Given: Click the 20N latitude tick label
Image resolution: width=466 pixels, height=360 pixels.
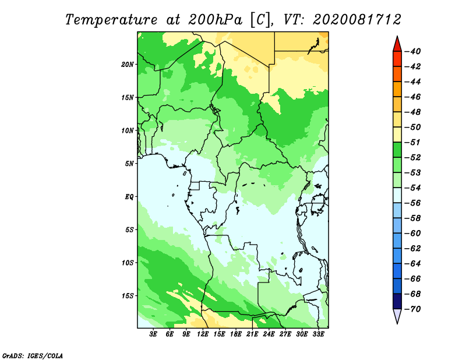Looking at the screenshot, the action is (128, 65).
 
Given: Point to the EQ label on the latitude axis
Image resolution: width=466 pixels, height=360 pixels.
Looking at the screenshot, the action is (129, 197).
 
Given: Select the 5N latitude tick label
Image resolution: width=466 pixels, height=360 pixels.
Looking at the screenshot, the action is (129, 164).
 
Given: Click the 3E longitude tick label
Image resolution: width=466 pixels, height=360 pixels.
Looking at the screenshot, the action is (153, 334).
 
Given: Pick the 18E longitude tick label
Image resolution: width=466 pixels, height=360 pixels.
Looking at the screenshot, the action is (236, 334).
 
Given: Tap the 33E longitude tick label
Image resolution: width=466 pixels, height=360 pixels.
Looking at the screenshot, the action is (318, 334).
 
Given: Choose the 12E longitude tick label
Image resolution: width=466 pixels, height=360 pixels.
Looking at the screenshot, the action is (203, 334).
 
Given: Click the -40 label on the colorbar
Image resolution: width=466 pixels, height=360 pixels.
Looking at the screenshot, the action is (413, 51).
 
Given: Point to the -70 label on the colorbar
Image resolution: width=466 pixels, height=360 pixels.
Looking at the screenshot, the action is (413, 309).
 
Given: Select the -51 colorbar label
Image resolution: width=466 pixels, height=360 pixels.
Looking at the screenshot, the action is (413, 142).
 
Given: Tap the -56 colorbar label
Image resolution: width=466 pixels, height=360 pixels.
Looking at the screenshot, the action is (413, 203).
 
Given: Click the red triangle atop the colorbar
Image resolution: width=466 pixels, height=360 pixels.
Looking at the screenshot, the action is (397, 45).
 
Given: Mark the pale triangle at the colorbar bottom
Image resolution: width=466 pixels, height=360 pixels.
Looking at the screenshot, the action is (397, 315).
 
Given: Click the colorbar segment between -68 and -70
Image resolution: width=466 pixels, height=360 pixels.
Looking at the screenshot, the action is (397, 301).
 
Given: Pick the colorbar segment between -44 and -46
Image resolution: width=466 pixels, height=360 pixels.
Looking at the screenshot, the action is (397, 89).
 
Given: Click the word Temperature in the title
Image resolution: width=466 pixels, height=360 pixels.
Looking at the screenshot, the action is (111, 20).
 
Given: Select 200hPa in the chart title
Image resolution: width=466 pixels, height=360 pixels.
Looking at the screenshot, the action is (216, 20).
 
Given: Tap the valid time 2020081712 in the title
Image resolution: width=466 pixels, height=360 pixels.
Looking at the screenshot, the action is (356, 20).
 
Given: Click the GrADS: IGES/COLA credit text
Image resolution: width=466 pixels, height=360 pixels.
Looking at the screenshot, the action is (33, 356).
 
